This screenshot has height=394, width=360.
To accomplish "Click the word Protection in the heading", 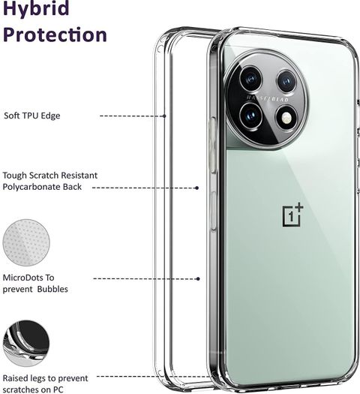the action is click(x=55, y=35).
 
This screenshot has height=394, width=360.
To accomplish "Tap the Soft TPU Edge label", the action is click(x=32, y=116).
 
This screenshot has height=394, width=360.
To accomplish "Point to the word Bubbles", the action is click(x=52, y=289).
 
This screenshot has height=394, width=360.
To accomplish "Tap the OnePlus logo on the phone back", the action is click(x=292, y=215).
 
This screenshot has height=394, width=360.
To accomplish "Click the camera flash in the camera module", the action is click(x=286, y=117).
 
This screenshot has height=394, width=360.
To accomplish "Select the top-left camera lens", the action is click(x=250, y=79).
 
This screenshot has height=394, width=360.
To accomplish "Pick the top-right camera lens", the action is click(x=287, y=81).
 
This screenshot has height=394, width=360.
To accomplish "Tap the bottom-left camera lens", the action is click(x=250, y=116).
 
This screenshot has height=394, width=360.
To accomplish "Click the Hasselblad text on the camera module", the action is click(x=268, y=98).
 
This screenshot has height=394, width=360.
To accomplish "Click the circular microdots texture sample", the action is click(x=26, y=242).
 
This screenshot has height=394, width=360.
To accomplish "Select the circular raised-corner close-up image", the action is click(x=26, y=343).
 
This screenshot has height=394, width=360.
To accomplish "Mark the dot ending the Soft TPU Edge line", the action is click(x=164, y=116).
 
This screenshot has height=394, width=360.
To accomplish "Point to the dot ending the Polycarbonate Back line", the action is click(x=197, y=188).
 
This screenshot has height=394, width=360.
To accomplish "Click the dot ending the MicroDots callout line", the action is click(x=198, y=278).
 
